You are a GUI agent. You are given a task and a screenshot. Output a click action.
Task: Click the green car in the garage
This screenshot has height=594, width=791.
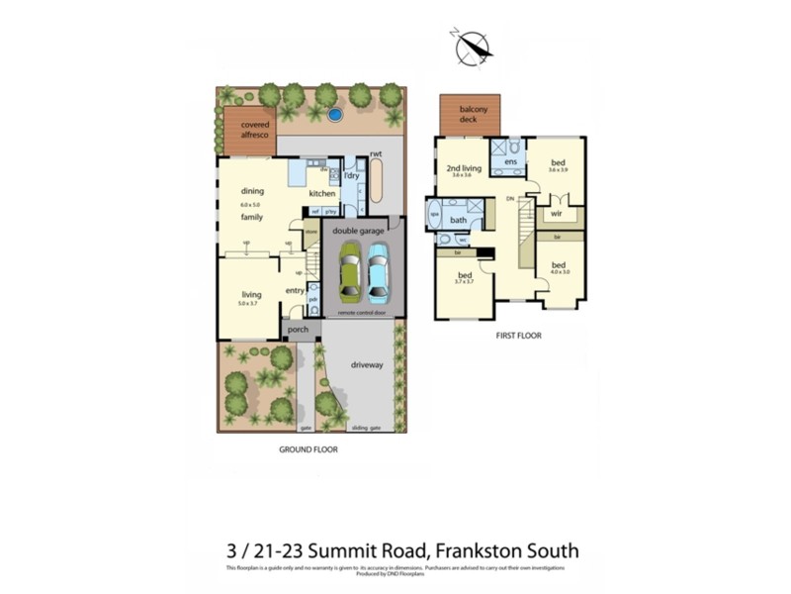point(351,272)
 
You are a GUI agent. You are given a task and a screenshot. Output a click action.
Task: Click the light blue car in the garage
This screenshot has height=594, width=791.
point(380,272)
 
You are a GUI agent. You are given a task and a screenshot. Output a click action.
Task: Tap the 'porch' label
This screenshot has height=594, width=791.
point(298,330)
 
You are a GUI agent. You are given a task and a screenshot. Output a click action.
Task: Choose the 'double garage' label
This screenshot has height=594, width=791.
point(358,230)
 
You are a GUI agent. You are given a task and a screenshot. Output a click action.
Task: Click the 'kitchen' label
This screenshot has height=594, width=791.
point(322,193)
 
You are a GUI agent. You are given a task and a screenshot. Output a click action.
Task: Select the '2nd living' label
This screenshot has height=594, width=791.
point(459,168)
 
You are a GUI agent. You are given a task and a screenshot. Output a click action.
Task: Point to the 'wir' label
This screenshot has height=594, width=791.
point(557,213)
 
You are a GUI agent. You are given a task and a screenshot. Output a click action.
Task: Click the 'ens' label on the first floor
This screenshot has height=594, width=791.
point(511,161)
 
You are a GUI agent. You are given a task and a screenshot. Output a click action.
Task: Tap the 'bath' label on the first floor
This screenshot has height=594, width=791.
point(458,220)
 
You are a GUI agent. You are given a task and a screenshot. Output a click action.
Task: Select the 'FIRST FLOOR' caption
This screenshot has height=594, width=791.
point(518,336)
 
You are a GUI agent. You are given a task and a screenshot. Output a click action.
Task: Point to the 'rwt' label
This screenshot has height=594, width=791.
point(376,154)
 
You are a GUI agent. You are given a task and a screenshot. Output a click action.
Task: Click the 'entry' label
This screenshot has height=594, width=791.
point(294,290)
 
